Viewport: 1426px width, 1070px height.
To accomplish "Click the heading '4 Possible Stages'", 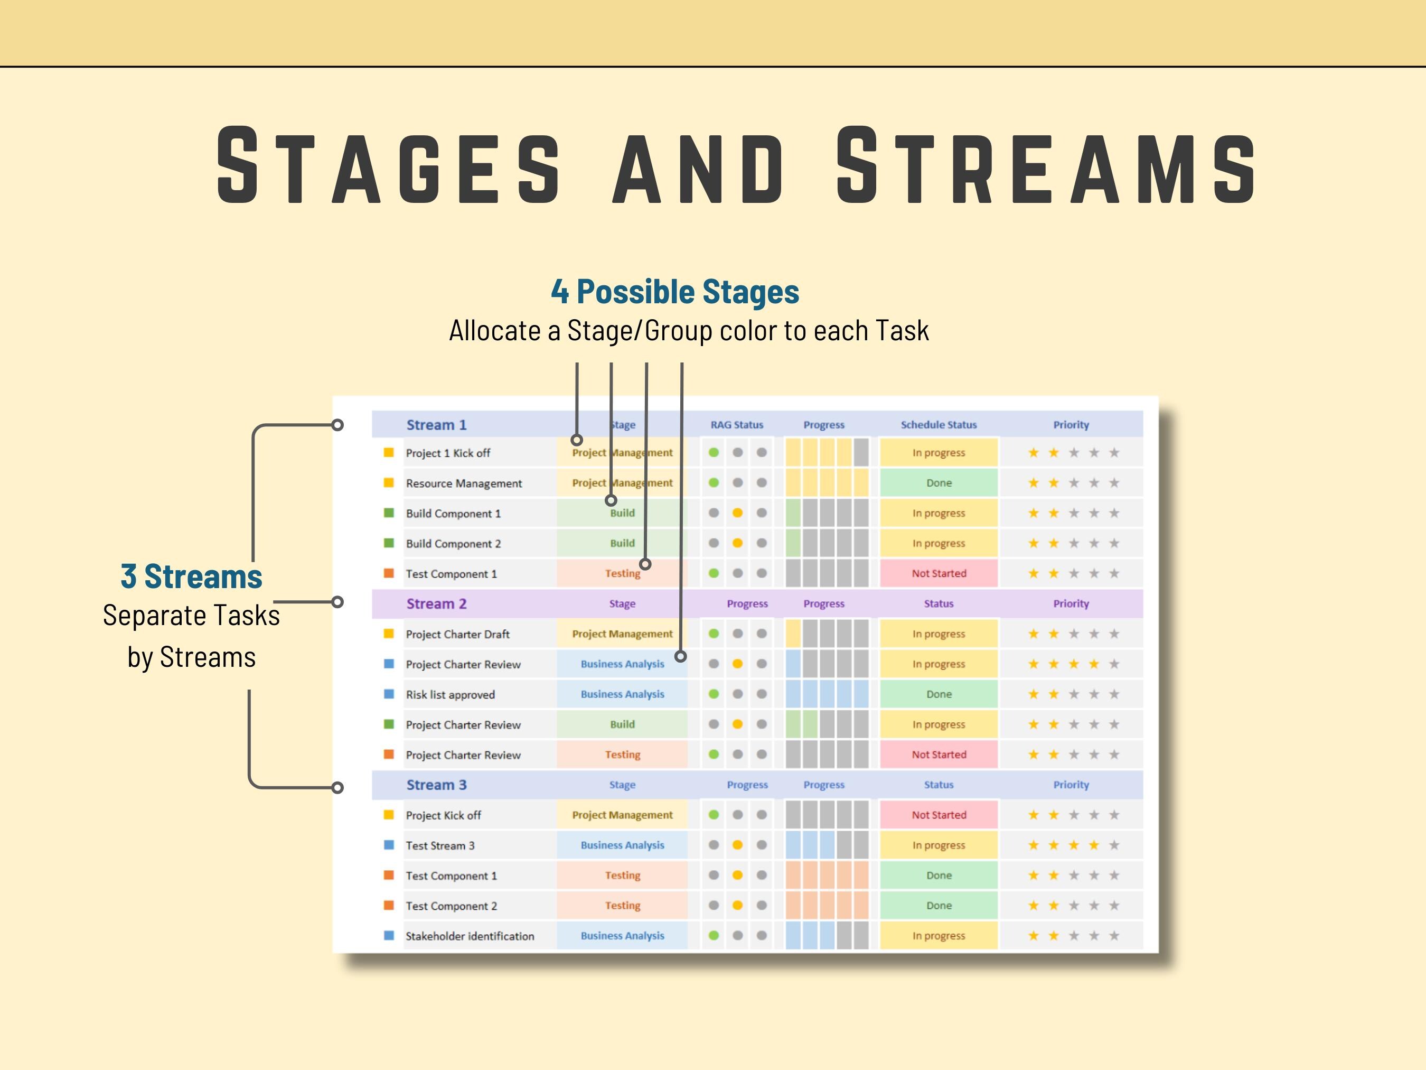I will tap(674, 292).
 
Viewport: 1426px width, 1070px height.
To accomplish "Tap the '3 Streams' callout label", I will tap(192, 576).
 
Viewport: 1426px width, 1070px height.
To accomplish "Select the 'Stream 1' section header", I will tap(436, 425).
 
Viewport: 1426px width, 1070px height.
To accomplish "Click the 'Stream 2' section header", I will tap(436, 603).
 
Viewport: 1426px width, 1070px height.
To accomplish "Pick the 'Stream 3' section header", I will tap(436, 785).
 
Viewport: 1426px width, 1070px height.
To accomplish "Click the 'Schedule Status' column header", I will tap(938, 425).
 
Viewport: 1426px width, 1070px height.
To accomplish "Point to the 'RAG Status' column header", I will tap(736, 425).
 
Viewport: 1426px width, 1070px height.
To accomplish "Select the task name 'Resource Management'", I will tap(464, 483).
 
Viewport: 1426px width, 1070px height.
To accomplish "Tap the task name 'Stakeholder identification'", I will tap(470, 936).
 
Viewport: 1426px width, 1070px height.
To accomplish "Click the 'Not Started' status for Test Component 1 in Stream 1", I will tap(939, 573).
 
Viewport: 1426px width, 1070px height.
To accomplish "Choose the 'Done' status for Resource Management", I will tap(939, 483).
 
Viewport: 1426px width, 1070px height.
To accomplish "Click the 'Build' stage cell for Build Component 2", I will tap(622, 543).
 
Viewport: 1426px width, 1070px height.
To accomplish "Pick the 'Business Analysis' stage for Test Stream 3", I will tap(622, 845).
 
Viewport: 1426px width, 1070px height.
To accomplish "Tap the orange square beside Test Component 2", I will tap(389, 906).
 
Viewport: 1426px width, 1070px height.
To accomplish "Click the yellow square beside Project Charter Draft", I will tap(389, 634).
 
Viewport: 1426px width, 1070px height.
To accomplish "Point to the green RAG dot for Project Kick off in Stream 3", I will tap(714, 815).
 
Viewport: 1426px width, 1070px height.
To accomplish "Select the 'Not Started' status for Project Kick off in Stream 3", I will tap(939, 815).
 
